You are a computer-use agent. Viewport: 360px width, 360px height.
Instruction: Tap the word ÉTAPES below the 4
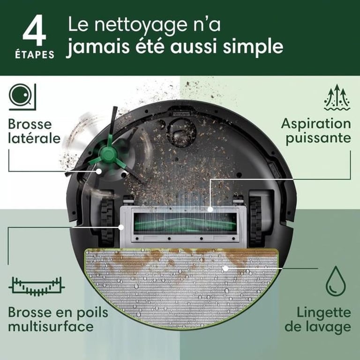pyautogui.click(x=34, y=54)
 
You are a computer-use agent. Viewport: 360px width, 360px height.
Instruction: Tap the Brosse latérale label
pyautogui.click(x=34, y=132)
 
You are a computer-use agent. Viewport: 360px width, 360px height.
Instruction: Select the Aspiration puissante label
pyautogui.click(x=315, y=131)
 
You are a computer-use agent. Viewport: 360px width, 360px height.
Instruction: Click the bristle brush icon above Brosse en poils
pyautogui.click(x=37, y=285)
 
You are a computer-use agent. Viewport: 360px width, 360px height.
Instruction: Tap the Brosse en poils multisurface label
pyautogui.click(x=58, y=319)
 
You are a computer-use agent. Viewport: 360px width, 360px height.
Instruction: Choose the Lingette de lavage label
pyautogui.click(x=324, y=319)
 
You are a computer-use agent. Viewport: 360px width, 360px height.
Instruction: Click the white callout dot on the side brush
pyautogui.click(x=99, y=172)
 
